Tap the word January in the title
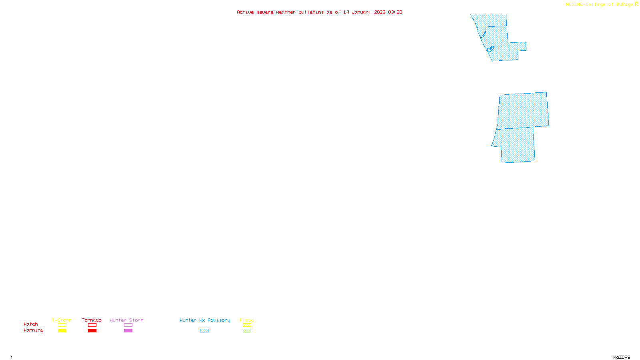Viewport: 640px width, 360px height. (361, 12)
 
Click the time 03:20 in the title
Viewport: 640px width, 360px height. (395, 12)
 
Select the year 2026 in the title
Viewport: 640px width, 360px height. (380, 12)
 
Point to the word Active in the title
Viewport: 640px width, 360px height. (245, 12)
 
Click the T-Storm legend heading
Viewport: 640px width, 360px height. (62, 320)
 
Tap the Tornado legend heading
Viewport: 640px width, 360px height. (92, 320)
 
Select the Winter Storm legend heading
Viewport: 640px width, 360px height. (126, 320)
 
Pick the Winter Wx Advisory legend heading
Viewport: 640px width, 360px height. (205, 320)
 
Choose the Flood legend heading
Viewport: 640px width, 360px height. (247, 320)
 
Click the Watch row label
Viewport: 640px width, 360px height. (31, 324)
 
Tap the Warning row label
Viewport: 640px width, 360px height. (33, 330)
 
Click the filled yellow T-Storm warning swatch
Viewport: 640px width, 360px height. (62, 331)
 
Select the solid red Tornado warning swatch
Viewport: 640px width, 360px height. (92, 331)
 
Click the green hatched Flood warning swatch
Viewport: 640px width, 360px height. (247, 331)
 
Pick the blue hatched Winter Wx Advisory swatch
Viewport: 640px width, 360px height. (204, 331)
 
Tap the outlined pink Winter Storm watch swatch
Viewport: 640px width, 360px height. (128, 325)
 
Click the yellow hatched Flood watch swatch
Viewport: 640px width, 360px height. (247, 325)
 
